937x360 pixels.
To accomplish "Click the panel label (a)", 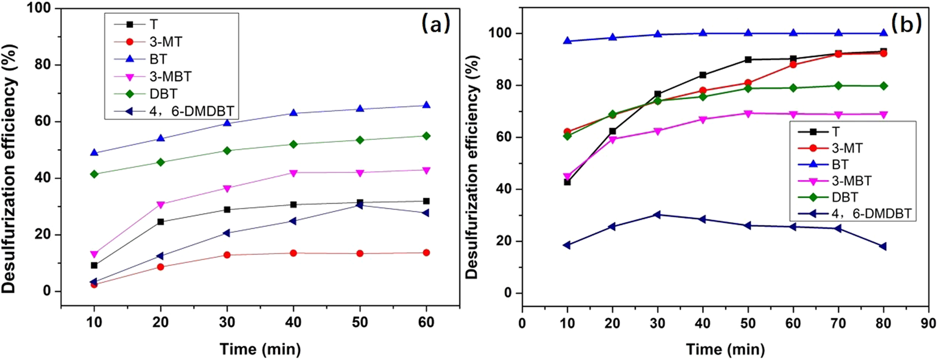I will coord(436,23).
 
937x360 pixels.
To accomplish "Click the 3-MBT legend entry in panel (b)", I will coord(851,181).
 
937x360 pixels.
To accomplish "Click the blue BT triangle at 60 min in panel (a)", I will coord(426,105).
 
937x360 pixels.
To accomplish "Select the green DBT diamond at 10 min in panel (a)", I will coord(94,174).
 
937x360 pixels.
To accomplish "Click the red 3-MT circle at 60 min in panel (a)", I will coord(426,253).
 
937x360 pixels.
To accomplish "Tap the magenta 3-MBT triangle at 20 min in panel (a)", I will coord(161,205).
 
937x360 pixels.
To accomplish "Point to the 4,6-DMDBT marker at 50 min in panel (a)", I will coord(359,205).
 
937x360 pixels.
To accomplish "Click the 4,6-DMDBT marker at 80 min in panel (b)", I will coord(883,247).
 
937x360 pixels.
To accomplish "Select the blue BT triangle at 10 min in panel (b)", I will coord(567,41).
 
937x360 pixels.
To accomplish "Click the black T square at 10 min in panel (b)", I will coord(567,182).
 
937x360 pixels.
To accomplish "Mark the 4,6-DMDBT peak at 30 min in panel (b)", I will coord(657,215).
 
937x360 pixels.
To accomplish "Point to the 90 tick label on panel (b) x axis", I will coord(928,322).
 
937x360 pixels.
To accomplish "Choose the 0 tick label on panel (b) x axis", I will coord(522,322).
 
